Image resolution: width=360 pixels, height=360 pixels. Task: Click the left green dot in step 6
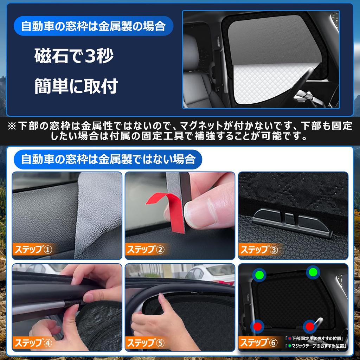coord(260,274)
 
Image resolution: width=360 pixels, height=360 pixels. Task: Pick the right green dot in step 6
coord(313,272)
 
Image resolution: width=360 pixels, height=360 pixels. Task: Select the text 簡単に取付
coord(76,86)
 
